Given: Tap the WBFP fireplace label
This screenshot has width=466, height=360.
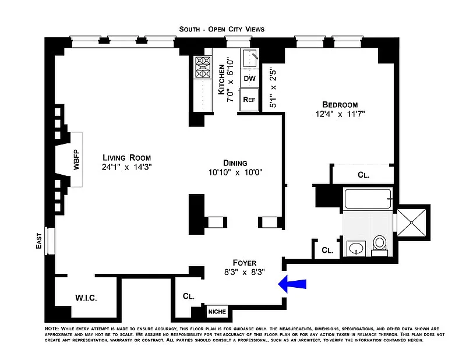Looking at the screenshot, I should coord(76,160).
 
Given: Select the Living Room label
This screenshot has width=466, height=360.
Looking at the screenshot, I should coord(126,157).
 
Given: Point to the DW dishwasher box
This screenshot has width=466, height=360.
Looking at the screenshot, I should coord(249,79).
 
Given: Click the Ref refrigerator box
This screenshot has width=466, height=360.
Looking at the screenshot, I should coord(249,99).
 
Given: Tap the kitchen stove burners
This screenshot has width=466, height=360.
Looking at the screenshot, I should coord(203,68).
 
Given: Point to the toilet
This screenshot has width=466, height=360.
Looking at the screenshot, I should coord(380,245).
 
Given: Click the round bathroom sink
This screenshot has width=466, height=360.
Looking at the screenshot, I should coord(355,249).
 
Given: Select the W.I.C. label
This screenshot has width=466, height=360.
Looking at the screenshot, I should coord(86,298).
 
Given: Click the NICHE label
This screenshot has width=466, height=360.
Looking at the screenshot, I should coord(216,311).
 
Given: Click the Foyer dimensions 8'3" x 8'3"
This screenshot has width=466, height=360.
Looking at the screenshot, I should coord(245,272).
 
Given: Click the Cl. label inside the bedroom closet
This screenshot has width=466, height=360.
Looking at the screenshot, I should coord(363,174).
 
